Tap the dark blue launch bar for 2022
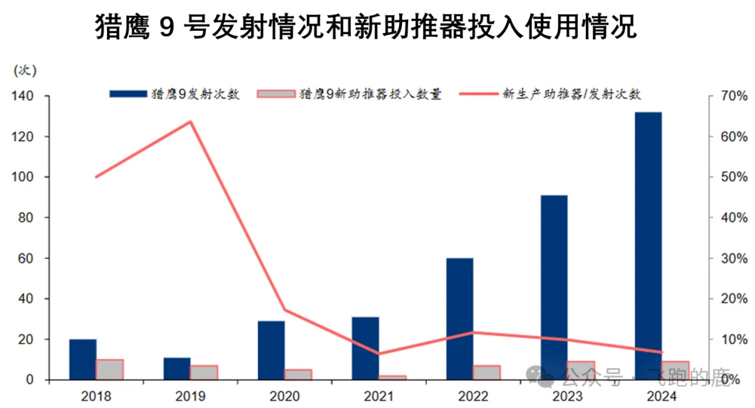460,319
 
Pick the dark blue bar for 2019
177,369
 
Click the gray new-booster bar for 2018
110,370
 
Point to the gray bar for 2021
392,377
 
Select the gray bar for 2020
299,374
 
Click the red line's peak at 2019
190,122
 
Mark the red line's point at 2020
285,310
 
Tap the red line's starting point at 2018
96,177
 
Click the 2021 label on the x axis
379,396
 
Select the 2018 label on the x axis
96,396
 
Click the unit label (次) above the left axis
25,70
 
